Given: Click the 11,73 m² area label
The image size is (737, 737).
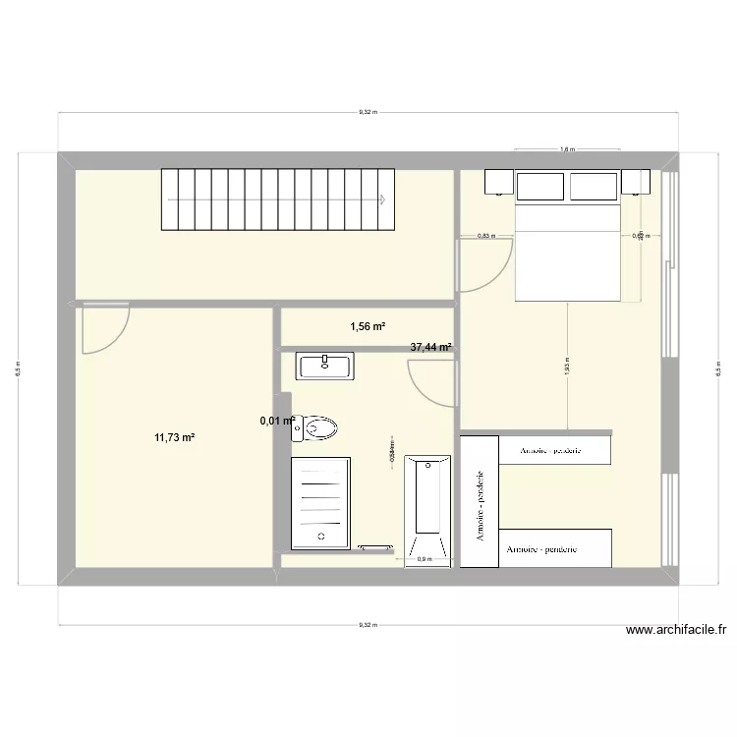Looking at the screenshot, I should (174, 438).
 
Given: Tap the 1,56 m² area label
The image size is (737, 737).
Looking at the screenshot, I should (367, 326).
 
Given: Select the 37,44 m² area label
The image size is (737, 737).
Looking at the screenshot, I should (430, 347).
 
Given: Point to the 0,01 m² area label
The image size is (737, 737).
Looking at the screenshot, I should (277, 421).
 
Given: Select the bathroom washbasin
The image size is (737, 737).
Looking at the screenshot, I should (325, 367).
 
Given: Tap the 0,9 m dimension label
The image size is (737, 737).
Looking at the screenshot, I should (425, 560).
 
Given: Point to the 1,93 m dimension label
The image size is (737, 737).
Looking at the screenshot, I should (567, 367).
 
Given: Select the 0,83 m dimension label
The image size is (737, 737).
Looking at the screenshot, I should (486, 236).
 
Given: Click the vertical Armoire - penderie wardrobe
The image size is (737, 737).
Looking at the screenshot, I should (481, 501).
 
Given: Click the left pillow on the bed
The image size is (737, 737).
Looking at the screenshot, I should (540, 186).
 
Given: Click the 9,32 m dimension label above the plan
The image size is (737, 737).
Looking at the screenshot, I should (366, 112).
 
